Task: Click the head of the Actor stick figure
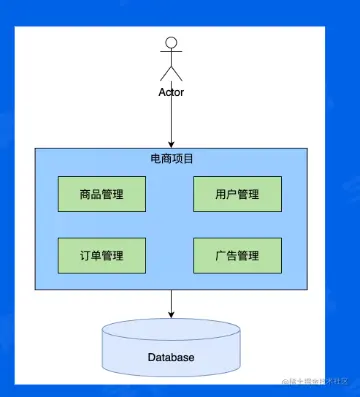click(x=171, y=43)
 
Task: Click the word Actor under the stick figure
click(x=171, y=92)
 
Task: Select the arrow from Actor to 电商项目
click(x=171, y=120)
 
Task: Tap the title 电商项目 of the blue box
click(x=171, y=159)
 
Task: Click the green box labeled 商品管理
click(x=103, y=194)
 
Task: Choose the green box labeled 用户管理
click(x=237, y=194)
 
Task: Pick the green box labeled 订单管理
click(x=103, y=256)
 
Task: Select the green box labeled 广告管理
click(x=237, y=256)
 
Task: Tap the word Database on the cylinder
click(x=171, y=357)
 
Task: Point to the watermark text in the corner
click(x=314, y=383)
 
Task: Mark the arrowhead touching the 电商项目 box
click(x=171, y=144)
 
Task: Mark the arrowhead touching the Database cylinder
click(x=171, y=314)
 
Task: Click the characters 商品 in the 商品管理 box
click(x=91, y=194)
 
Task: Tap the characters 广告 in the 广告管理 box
click(x=225, y=256)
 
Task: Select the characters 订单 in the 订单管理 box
click(x=91, y=256)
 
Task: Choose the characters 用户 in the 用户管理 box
click(x=225, y=194)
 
